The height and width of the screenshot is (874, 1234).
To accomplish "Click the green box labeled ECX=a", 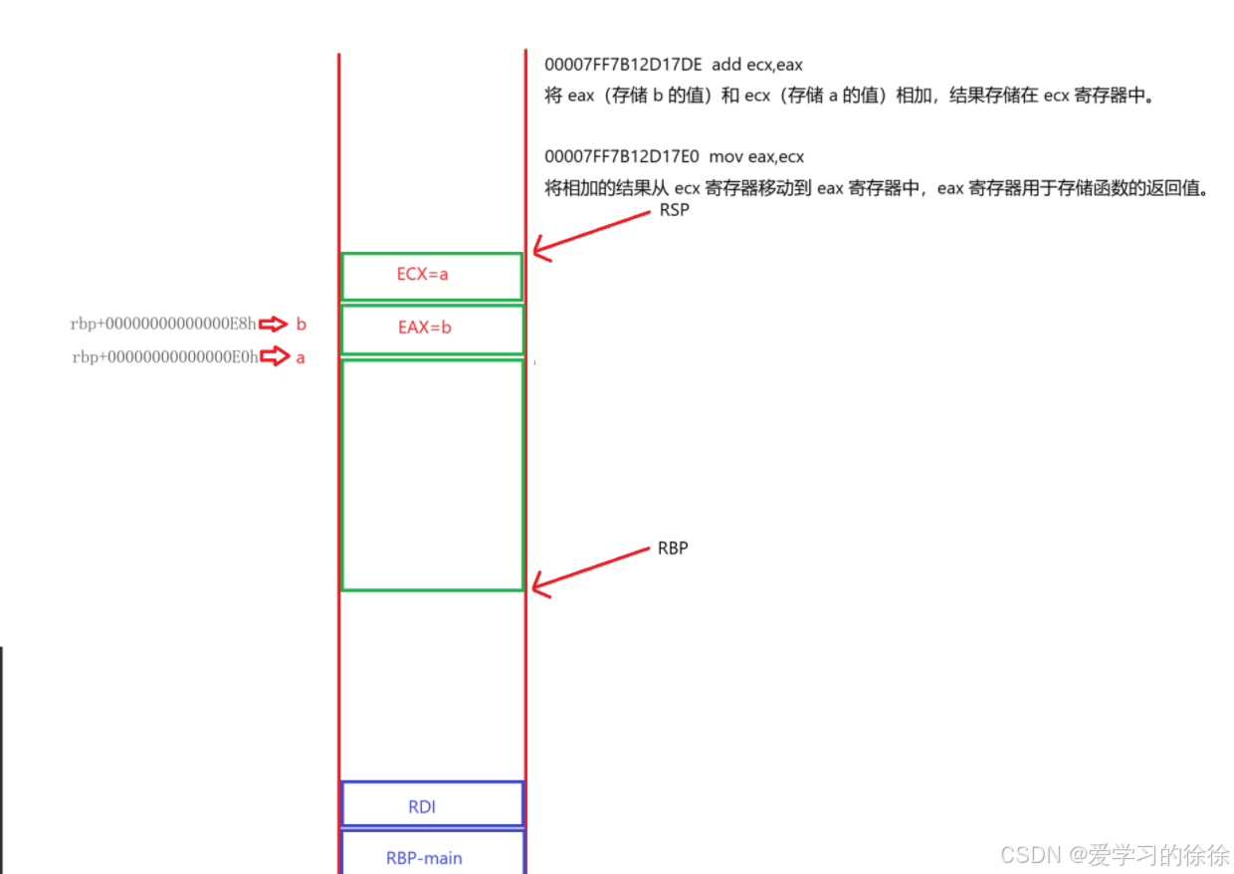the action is (x=431, y=276).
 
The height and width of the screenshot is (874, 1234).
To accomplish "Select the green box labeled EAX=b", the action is (x=432, y=328).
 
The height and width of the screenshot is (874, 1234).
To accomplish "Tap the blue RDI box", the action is (x=432, y=804).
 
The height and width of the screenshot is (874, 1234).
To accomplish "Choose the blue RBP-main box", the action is (x=432, y=853).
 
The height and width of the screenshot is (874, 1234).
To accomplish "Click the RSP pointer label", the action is (x=674, y=211).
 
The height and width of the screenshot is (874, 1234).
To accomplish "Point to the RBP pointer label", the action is (x=673, y=548).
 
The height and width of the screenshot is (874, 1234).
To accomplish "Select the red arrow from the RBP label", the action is (x=589, y=570).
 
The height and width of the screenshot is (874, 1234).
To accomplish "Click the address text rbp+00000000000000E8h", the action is (x=163, y=324).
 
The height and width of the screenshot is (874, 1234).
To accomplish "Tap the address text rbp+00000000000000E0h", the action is (x=164, y=357).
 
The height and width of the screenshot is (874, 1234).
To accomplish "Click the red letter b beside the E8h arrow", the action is (x=301, y=324).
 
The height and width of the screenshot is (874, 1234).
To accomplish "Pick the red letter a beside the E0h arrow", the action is (x=301, y=357).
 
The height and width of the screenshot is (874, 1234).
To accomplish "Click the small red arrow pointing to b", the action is (x=273, y=324).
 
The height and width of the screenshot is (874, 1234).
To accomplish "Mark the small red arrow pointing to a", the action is (x=274, y=357).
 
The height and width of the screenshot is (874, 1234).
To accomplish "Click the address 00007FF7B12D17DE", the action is (x=623, y=65).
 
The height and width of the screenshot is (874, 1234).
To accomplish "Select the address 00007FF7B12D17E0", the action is (x=622, y=156).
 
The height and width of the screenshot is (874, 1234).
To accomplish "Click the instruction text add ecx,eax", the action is (x=757, y=65).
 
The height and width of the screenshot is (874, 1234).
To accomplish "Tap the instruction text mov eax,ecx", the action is (x=756, y=156).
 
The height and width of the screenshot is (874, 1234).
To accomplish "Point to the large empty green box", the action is (x=432, y=475).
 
